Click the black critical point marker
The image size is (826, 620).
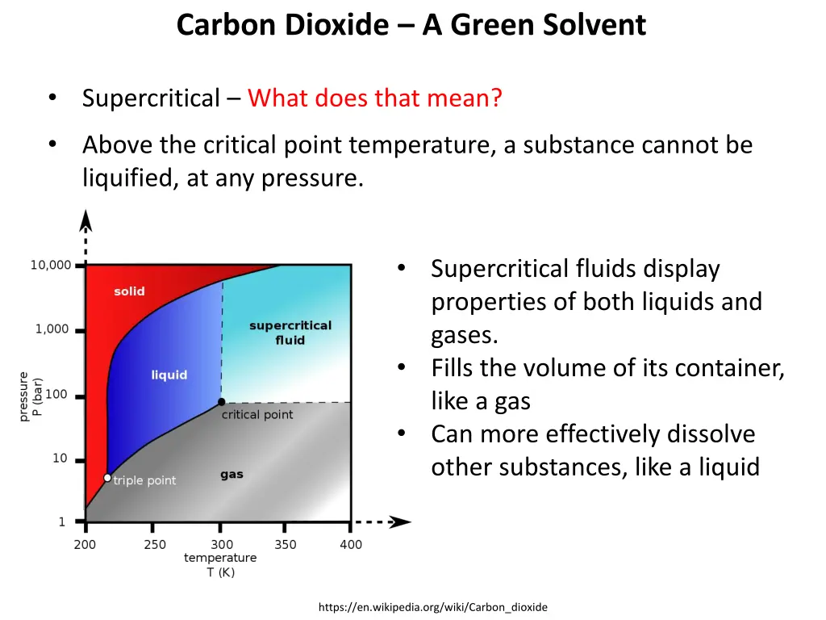click(x=221, y=402)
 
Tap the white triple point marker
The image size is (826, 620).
click(x=107, y=478)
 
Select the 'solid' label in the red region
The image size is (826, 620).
click(x=129, y=291)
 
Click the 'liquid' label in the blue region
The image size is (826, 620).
click(x=169, y=375)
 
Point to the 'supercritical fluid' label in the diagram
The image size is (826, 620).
click(x=290, y=333)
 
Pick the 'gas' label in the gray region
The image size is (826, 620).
click(x=232, y=475)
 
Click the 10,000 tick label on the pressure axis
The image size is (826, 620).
click(x=51, y=265)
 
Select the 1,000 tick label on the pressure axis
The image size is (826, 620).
click(x=52, y=329)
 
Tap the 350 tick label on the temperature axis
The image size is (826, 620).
click(x=286, y=545)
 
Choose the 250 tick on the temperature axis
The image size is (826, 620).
click(x=155, y=545)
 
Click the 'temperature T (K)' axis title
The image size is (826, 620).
click(x=220, y=564)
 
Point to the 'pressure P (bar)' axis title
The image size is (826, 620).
click(x=30, y=396)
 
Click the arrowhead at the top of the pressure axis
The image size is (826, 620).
click(x=85, y=220)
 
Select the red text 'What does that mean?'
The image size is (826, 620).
click(x=375, y=98)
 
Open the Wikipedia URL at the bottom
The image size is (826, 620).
click(x=432, y=607)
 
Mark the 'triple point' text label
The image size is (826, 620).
click(x=144, y=480)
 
